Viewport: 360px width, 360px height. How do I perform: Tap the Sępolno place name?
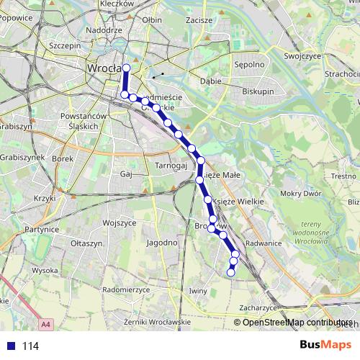pos(249,64)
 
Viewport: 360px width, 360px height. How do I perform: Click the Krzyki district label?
pos(44,198)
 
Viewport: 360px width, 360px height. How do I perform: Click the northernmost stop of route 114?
pos(126,68)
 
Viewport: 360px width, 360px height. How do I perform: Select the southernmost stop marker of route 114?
pos(231,272)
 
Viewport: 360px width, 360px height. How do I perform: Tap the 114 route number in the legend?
pos(30,346)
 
